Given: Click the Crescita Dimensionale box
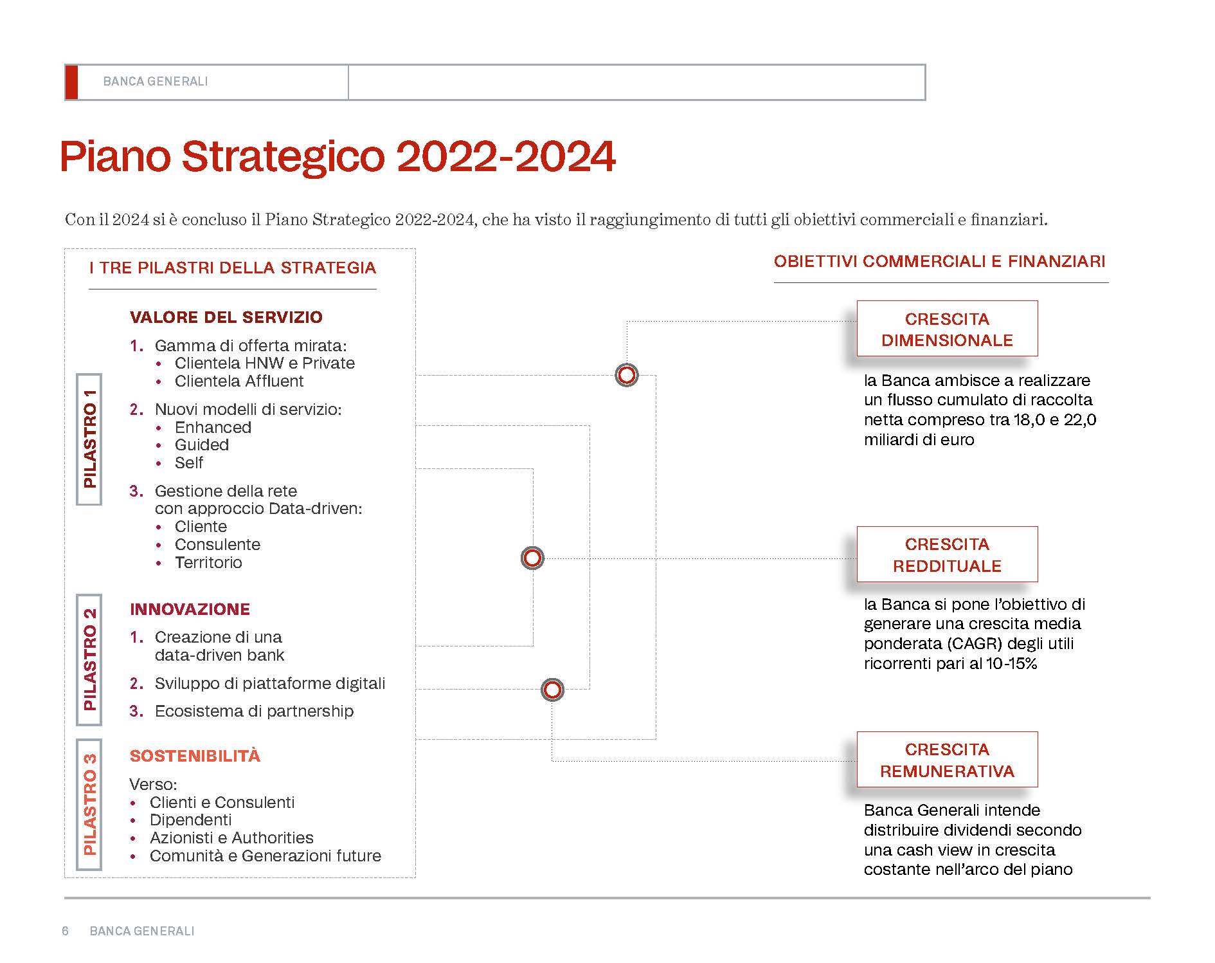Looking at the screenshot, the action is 947,329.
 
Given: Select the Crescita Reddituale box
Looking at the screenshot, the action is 947,555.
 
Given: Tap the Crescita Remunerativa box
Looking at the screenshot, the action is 947,760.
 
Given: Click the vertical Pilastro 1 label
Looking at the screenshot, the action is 89,439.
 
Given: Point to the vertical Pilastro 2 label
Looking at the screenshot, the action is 89,660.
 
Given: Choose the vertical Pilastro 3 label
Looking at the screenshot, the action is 89,804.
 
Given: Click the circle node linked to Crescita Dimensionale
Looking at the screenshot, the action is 627,375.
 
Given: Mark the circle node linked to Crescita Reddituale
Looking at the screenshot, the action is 532,558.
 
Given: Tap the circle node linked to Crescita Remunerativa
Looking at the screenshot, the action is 552,690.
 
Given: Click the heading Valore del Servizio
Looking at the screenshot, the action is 226,317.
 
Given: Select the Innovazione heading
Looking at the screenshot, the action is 190,609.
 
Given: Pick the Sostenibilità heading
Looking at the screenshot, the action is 195,756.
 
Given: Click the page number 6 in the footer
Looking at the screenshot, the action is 65,931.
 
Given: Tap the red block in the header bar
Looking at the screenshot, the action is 71,82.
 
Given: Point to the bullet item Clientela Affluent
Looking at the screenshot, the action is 239,381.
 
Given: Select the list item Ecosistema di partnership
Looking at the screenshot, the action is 254,711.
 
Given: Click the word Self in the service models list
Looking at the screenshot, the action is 189,463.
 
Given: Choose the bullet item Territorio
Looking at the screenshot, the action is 208,563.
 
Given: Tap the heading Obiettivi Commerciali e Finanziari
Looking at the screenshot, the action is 940,261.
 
